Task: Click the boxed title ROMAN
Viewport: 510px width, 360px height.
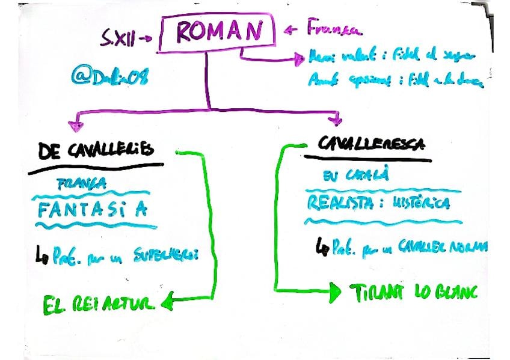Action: point(217,31)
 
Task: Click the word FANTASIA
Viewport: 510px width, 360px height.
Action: point(91,210)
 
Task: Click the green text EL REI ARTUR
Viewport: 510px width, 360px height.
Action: point(99,304)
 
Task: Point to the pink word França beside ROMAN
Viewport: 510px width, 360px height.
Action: point(333,28)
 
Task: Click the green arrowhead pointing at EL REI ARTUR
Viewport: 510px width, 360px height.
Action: point(168,303)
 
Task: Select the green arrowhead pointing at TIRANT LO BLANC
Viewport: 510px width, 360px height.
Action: point(335,292)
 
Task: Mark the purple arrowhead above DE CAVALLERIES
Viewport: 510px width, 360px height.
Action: point(76,124)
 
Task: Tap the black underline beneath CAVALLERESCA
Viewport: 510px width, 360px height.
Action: point(367,158)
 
